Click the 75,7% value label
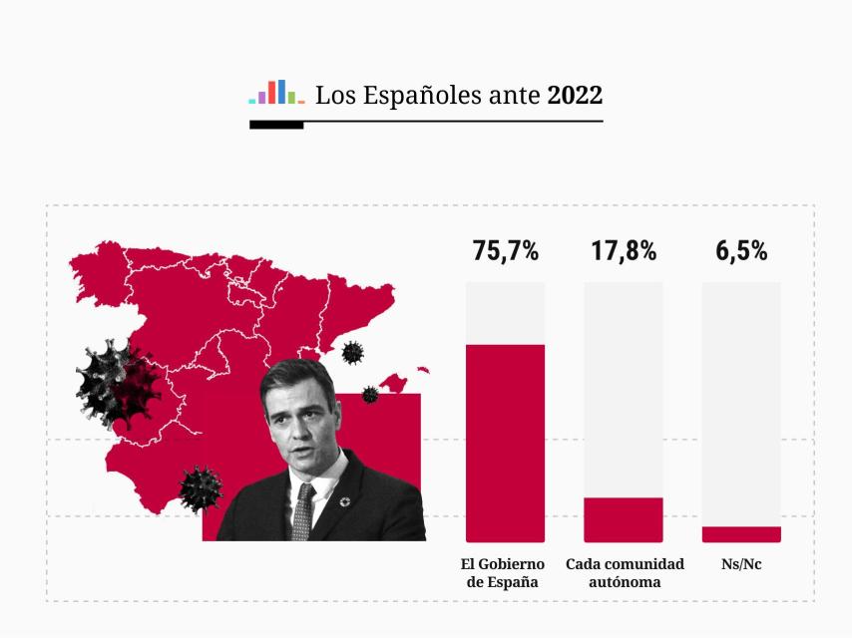point(505,251)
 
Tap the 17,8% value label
point(624,251)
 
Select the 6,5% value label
point(741,251)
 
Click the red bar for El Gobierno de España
point(505,443)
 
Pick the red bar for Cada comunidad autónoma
point(624,519)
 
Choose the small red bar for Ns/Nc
point(741,534)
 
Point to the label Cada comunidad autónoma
point(625,573)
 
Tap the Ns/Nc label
point(741,564)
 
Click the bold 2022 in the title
point(575,96)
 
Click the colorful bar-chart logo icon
point(276,93)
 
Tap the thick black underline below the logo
point(276,126)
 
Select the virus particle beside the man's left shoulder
point(201,487)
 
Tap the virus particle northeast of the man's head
point(352,352)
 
